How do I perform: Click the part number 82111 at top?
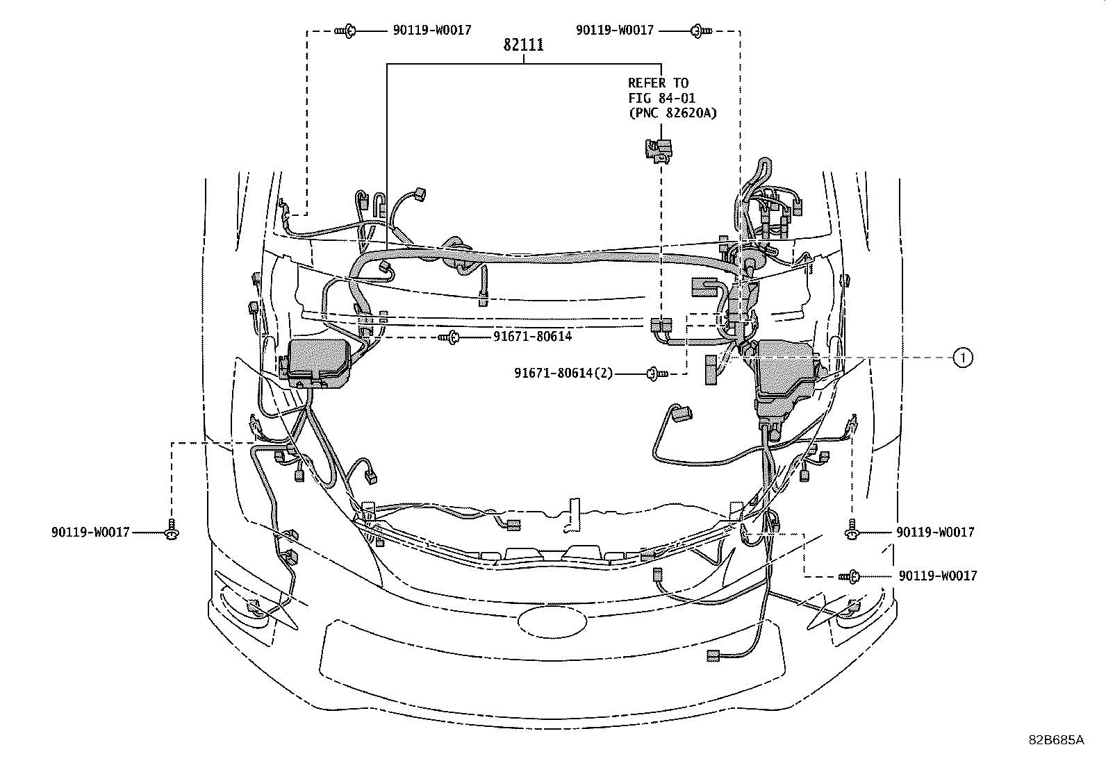[x=523, y=45]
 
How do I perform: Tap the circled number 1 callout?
[x=963, y=358]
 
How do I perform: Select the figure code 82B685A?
[x=1056, y=740]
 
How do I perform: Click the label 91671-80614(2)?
[x=563, y=373]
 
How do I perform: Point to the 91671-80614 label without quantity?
[x=532, y=337]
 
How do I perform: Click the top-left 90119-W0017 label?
[x=432, y=31]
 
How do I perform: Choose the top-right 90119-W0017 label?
[x=615, y=31]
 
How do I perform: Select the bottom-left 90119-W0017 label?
[x=90, y=533]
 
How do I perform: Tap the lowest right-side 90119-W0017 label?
[x=938, y=576]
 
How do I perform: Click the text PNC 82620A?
[x=672, y=113]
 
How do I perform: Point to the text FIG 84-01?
[x=661, y=98]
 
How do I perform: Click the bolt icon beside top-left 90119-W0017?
[x=345, y=31]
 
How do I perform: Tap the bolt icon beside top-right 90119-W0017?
[x=701, y=31]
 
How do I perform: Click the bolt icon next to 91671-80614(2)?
[x=657, y=374]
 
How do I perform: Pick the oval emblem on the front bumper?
[x=552, y=621]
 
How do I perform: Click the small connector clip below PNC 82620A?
[x=659, y=149]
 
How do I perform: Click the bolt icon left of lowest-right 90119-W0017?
[x=849, y=576]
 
